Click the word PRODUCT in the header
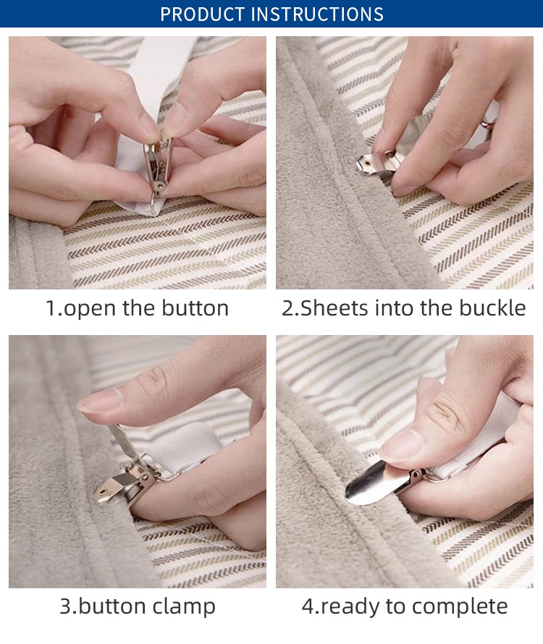tap(202, 14)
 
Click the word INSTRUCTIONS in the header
tap(317, 14)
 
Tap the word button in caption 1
tap(195, 308)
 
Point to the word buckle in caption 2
tap(492, 308)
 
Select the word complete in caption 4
tap(460, 606)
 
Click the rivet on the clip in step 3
tap(102, 491)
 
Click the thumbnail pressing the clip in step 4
tap(402, 445)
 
